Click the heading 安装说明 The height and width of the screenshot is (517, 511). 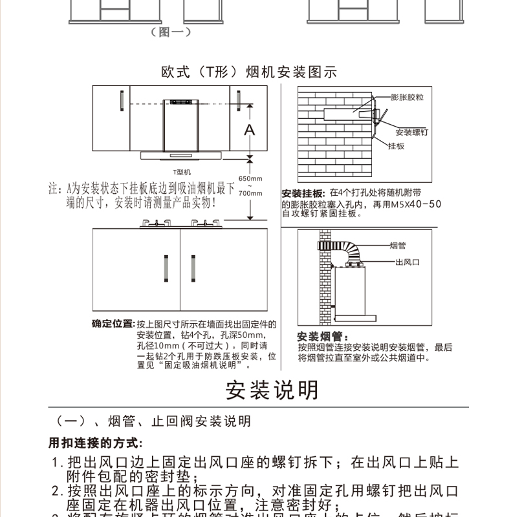[272, 390]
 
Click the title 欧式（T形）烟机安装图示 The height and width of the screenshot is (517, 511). [249, 71]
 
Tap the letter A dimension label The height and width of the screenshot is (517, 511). [250, 130]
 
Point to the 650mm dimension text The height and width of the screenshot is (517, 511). [250, 178]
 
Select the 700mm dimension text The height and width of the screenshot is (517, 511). [250, 193]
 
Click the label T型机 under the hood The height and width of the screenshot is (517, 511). [182, 172]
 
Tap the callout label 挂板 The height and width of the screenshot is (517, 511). [397, 147]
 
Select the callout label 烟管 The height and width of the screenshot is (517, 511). [398, 246]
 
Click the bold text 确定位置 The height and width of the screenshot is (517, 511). [113, 323]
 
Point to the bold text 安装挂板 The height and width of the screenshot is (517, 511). [302, 193]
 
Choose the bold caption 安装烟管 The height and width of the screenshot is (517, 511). [321, 337]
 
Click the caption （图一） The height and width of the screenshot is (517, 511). [169, 32]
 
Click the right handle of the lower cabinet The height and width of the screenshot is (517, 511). [192, 268]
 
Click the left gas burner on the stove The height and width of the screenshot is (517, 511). [155, 224]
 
